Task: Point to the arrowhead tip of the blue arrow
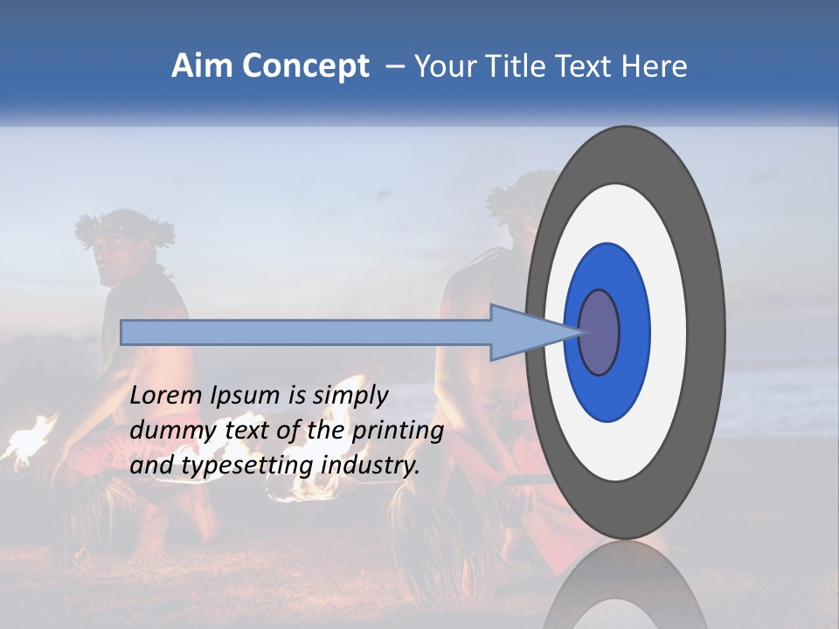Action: point(584,332)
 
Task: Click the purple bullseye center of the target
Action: point(600,332)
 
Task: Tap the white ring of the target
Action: point(669,332)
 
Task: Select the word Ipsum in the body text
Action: point(246,397)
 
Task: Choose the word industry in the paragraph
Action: point(370,466)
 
